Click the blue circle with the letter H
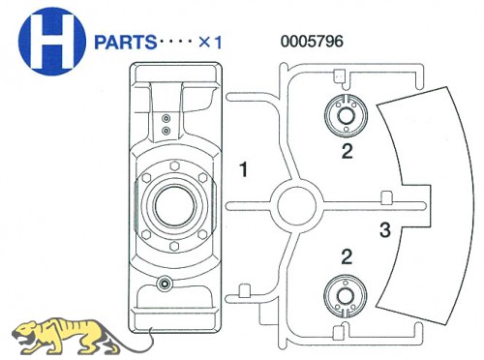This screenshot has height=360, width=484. [x=52, y=42]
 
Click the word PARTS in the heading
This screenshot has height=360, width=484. [x=126, y=43]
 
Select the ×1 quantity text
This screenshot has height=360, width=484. [x=210, y=43]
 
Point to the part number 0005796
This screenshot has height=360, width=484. [x=312, y=42]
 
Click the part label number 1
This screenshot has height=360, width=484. [x=244, y=169]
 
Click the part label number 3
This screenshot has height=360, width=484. [x=384, y=230]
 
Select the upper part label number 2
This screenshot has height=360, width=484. [x=348, y=151]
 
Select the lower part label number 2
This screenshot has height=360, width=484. [x=347, y=257]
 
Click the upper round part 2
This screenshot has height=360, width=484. [x=346, y=116]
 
